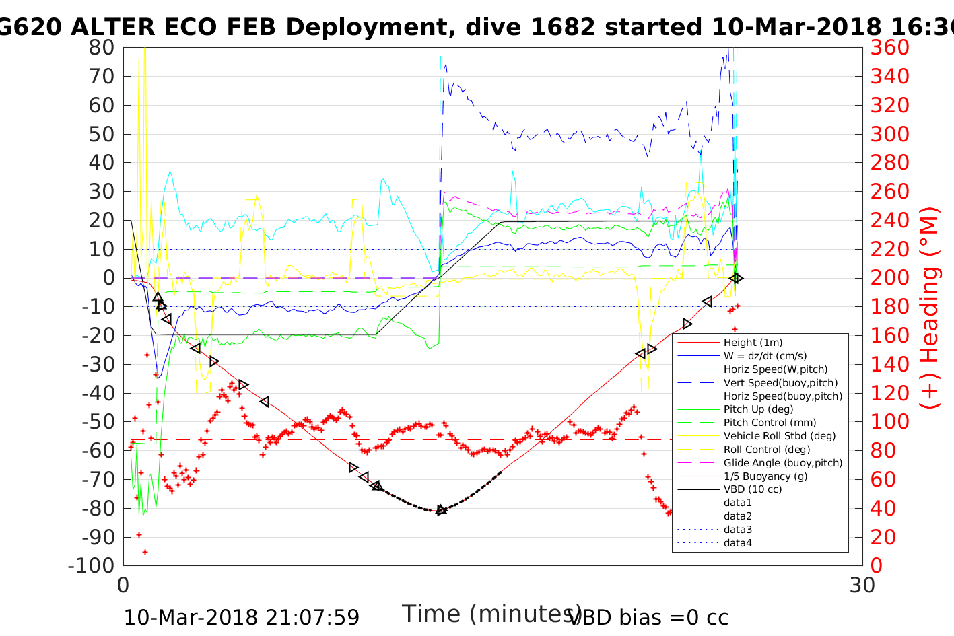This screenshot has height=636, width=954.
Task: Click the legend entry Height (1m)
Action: click(x=753, y=343)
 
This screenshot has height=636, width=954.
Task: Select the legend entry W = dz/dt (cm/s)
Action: click(x=765, y=356)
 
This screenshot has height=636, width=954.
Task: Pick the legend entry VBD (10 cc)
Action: click(x=753, y=489)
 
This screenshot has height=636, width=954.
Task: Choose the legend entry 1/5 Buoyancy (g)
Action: click(x=765, y=476)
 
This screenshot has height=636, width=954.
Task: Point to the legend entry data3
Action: click(x=737, y=530)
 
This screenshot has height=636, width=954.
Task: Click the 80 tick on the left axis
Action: click(x=102, y=48)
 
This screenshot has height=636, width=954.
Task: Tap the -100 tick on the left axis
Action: click(x=92, y=565)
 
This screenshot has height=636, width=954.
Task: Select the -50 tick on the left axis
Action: click(x=98, y=421)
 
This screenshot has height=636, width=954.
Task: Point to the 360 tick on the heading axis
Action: click(x=889, y=48)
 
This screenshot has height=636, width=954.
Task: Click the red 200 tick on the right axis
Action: click(x=889, y=278)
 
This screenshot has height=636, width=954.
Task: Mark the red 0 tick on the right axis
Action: click(x=877, y=565)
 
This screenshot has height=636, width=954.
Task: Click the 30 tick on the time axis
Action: click(x=862, y=585)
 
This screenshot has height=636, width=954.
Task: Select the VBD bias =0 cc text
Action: click(x=648, y=617)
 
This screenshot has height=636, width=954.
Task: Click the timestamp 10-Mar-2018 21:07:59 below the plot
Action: click(x=241, y=617)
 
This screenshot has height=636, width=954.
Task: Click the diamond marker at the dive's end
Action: click(x=737, y=278)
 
